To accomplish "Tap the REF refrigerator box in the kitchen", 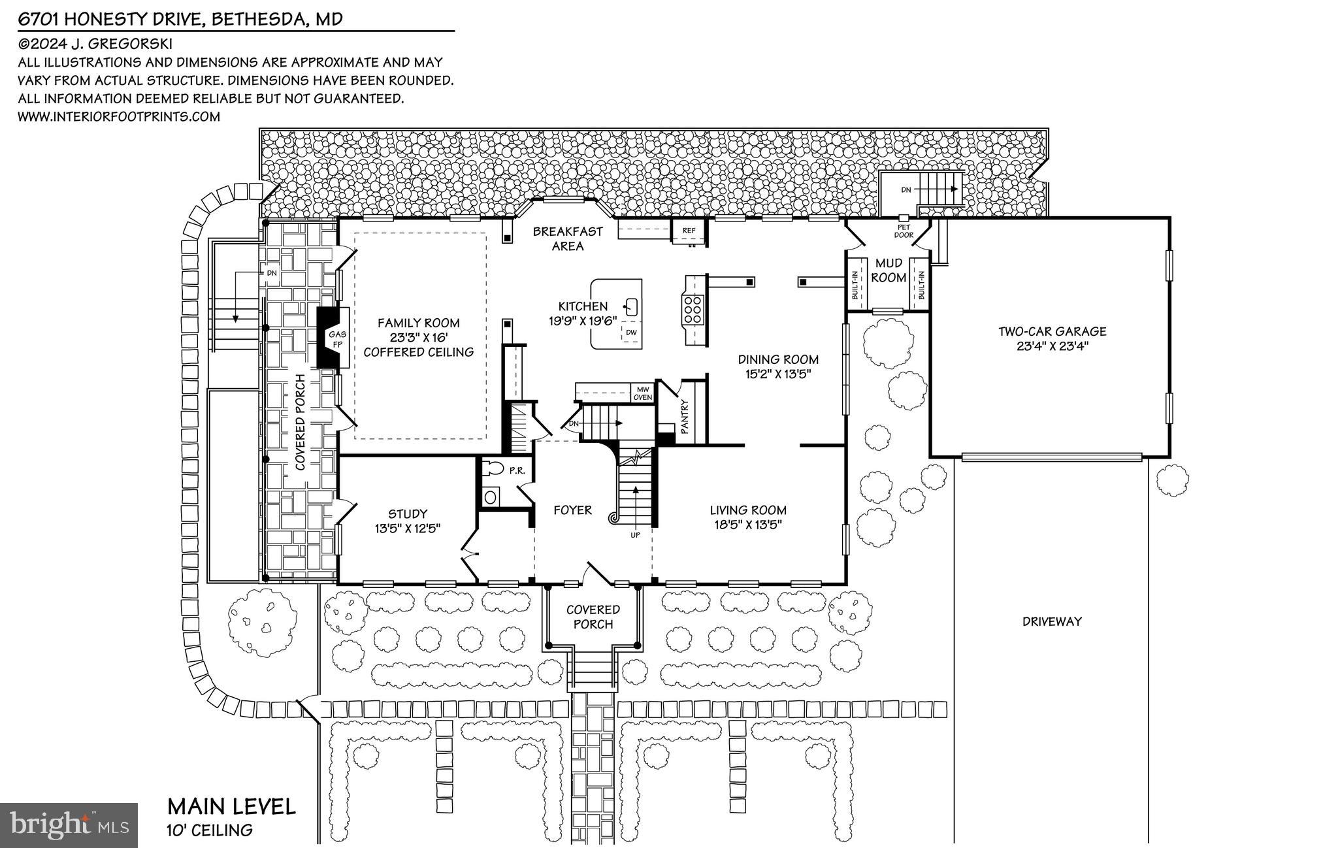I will click(689, 230).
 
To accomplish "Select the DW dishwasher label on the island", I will click(630, 333).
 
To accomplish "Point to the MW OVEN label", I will click(642, 393).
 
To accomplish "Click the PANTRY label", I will click(685, 416).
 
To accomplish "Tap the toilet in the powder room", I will click(494, 468).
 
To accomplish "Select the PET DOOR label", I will click(903, 231).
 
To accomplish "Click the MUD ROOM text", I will click(889, 270).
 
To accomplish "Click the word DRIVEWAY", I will click(1052, 621).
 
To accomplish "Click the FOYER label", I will click(572, 510).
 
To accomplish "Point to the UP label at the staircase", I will click(635, 535).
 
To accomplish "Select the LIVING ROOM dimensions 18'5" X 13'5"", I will click(748, 525).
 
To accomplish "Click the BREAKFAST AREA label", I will click(567, 238).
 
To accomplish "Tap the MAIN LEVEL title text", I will click(231, 806).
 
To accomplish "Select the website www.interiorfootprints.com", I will click(119, 116).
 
